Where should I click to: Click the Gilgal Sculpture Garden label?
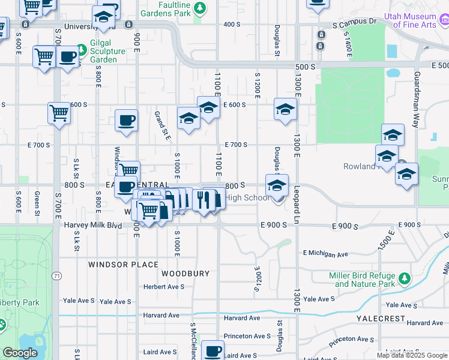pyautogui.click(x=107, y=51)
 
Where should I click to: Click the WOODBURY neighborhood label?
pyautogui.click(x=185, y=274)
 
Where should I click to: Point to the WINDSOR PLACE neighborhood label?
pyautogui.click(x=123, y=264)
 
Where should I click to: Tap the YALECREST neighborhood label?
pyautogui.click(x=382, y=317)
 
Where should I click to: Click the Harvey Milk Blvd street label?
pyautogui.click(x=89, y=226)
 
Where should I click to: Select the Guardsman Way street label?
pyautogui.click(x=416, y=98)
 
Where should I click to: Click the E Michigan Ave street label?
pyautogui.click(x=326, y=254)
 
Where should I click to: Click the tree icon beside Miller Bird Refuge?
pyautogui.click(x=405, y=278)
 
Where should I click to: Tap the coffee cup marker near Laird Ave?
pyautogui.click(x=212, y=350)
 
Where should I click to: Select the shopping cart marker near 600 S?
pyautogui.click(x=59, y=112)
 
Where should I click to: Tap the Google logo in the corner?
pyautogui.click(x=19, y=353)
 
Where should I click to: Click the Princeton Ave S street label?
pyautogui.click(x=247, y=336)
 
